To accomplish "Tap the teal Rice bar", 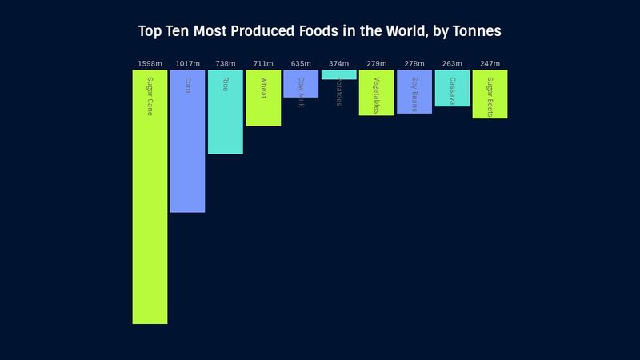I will (226, 112).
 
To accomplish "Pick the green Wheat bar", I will (263, 98).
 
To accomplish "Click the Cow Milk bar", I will (301, 84).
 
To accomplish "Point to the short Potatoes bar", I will (338, 74).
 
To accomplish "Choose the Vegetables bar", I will (376, 93).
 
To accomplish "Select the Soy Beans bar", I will (414, 91).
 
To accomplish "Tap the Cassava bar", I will (452, 88).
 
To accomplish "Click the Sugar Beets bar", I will (490, 94).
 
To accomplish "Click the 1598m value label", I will (150, 63).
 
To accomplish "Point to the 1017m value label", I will (187, 63).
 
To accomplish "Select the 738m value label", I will (226, 63).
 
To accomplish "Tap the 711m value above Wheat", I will (263, 63).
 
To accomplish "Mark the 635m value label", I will (301, 63).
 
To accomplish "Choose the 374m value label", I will (338, 63).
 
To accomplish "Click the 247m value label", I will (490, 63).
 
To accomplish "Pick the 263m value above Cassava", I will (452, 63).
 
